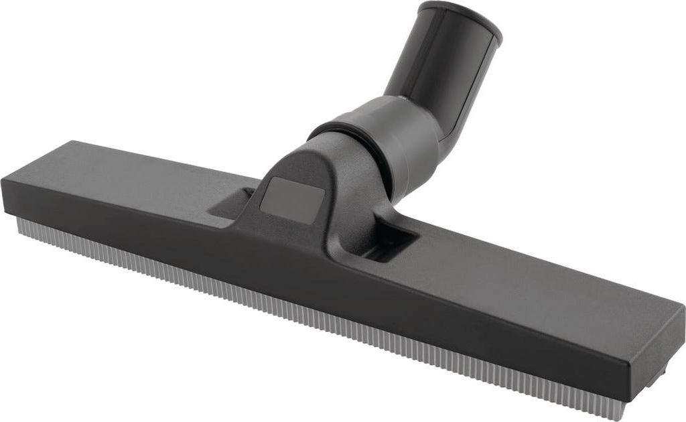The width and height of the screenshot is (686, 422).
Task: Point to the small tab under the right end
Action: [659, 371]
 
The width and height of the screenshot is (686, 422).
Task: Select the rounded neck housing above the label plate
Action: [315, 161]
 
